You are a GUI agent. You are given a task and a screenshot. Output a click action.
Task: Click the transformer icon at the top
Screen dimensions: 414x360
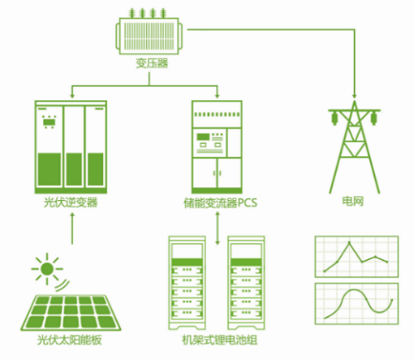point(149,32)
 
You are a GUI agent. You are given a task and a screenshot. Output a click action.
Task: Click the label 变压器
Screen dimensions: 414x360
point(152,63)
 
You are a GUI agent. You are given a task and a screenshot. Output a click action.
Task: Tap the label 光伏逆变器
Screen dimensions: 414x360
point(71,202)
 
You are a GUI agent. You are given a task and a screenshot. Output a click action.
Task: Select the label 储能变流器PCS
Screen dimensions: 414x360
point(220,202)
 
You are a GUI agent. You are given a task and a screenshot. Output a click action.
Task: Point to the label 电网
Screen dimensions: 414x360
point(353,202)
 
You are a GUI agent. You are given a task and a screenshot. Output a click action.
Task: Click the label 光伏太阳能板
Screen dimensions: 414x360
point(70,340)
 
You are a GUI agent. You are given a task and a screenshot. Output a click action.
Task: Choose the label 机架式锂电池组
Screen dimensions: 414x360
point(219,340)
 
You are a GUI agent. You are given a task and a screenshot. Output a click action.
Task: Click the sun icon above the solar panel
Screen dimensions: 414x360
point(47,269)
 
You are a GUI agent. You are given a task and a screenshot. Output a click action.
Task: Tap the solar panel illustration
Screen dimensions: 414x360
point(71,313)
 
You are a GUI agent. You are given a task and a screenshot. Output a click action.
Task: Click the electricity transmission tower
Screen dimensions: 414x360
point(355,147)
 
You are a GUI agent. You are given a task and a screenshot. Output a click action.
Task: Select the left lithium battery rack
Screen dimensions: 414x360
point(187,283)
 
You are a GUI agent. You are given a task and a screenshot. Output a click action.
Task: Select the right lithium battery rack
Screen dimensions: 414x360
point(246,283)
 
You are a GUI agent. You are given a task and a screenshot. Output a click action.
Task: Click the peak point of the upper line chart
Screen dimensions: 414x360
point(349,242)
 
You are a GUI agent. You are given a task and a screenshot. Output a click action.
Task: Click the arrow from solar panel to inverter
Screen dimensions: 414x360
point(72,228)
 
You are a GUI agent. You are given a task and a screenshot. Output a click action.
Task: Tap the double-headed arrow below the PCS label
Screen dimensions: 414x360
point(218,228)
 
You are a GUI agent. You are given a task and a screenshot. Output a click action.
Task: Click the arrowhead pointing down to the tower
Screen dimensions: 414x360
point(355,96)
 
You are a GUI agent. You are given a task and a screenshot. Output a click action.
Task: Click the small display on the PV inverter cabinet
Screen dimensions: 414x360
point(50,122)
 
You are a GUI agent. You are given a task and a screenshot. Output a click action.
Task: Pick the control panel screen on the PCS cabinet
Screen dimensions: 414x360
point(203,137)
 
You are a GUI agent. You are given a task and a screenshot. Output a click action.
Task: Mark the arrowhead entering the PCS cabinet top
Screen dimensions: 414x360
point(217,96)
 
